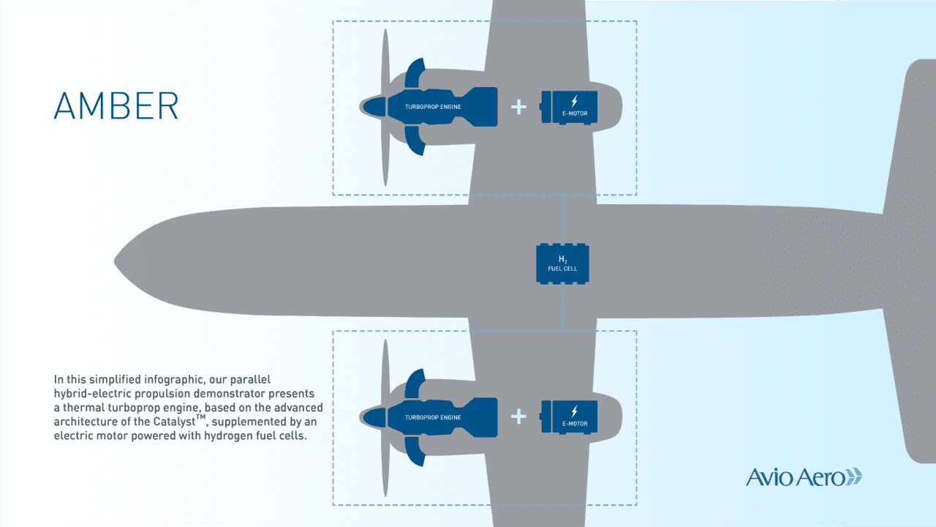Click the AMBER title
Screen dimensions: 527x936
point(116,106)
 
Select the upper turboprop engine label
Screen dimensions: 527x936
point(434,107)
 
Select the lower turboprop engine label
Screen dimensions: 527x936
point(434,417)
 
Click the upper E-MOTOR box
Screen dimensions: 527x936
point(570,107)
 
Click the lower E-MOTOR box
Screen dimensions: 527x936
point(570,416)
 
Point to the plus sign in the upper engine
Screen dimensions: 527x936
point(518,107)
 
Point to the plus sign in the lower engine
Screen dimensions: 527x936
point(518,416)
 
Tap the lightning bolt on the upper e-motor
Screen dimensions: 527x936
point(574,100)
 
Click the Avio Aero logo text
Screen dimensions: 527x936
point(794,477)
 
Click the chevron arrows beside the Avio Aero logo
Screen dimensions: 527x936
point(853,477)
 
